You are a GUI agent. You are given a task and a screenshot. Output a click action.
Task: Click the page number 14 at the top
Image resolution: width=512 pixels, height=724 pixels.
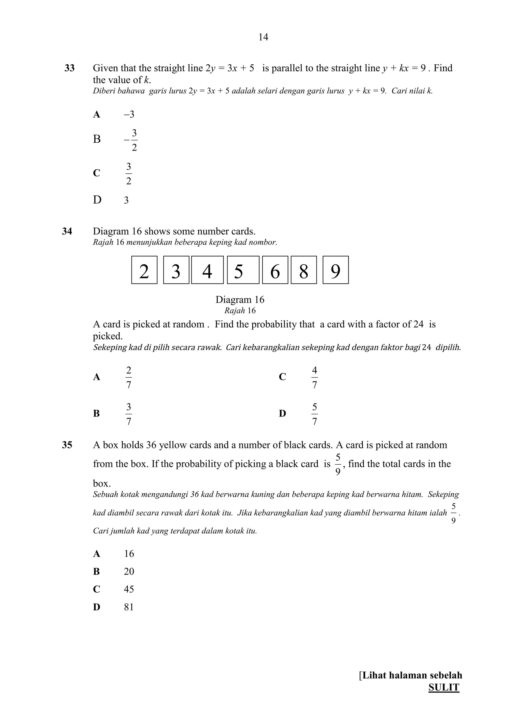tap(263, 37)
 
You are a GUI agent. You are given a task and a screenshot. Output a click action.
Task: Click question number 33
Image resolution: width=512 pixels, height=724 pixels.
tap(69, 68)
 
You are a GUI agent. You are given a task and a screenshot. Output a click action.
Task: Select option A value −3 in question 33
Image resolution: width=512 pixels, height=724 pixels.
tap(129, 114)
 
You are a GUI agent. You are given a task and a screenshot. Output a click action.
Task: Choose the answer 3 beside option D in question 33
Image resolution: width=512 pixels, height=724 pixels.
tap(126, 200)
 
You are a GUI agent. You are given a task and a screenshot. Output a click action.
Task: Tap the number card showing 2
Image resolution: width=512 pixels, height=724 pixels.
tap(144, 270)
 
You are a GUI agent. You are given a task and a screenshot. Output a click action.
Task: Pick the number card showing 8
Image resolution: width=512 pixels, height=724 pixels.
tap(303, 270)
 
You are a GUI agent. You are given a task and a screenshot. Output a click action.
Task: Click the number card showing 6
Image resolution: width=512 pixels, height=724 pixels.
tap(275, 270)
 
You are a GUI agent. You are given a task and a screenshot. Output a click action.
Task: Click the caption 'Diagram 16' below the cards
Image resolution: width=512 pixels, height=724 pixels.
tap(240, 300)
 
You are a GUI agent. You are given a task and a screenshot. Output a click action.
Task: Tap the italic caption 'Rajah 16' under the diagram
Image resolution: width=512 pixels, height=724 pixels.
tap(240, 311)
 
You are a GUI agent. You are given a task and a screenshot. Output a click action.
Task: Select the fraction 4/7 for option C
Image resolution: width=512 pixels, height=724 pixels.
tap(314, 377)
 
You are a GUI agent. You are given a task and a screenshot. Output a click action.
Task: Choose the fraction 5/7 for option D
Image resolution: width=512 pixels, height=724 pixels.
tap(314, 414)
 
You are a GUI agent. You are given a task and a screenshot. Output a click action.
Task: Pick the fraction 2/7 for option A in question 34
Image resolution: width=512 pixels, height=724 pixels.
tap(128, 377)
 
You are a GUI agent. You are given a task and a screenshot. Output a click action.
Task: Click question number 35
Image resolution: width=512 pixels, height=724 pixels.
tap(67, 445)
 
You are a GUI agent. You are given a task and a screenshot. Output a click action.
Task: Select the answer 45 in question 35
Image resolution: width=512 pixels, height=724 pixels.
tap(129, 589)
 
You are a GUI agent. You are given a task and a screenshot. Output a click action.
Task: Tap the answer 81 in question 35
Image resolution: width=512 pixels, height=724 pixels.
tap(129, 607)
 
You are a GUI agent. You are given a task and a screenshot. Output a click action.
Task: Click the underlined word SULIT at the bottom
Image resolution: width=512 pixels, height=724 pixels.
tap(443, 688)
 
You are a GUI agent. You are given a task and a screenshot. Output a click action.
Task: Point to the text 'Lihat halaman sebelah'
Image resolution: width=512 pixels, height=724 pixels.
tap(412, 675)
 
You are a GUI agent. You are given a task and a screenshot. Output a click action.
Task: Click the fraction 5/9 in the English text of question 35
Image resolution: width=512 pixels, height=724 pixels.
tap(337, 464)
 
